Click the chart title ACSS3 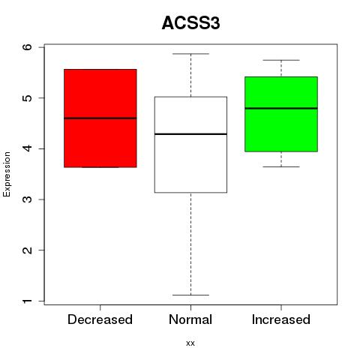click(x=190, y=23)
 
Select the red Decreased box click(x=100, y=118)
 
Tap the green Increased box click(x=281, y=114)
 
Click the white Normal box click(x=190, y=145)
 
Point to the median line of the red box click(x=100, y=118)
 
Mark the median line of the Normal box click(x=190, y=134)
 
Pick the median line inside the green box click(x=281, y=108)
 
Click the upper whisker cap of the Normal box click(x=190, y=54)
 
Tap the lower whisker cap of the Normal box click(x=190, y=295)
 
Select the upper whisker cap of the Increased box click(x=281, y=60)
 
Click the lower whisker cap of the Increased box click(x=281, y=166)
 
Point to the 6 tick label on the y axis click(x=28, y=46)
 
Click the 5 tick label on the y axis click(x=28, y=97)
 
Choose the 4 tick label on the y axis click(x=28, y=148)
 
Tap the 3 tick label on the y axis click(x=28, y=199)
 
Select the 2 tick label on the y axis click(x=28, y=250)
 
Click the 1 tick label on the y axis click(x=28, y=301)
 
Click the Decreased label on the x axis click(x=100, y=319)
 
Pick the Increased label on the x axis click(x=281, y=319)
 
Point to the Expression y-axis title click(x=7, y=174)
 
